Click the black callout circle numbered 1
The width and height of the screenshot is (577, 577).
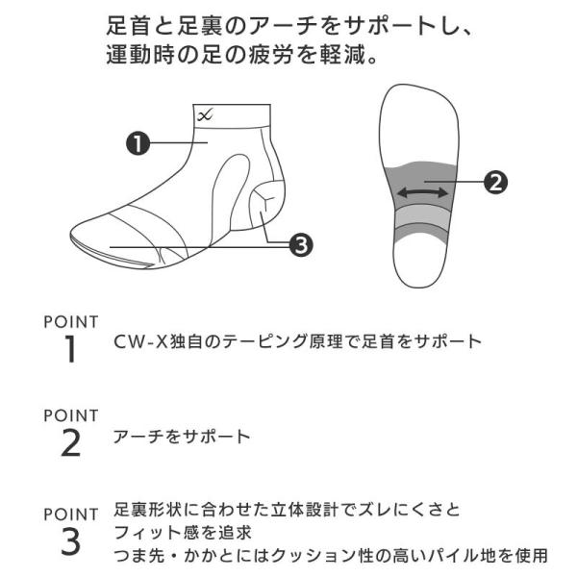(137, 144)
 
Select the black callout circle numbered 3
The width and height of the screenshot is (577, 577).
(299, 246)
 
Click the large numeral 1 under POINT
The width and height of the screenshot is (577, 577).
(70, 350)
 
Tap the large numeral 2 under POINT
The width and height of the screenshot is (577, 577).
(70, 443)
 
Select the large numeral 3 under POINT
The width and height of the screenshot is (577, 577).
(70, 541)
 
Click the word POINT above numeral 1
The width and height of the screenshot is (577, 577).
(71, 321)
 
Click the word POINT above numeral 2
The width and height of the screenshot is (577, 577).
(71, 415)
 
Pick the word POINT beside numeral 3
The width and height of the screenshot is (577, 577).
(71, 514)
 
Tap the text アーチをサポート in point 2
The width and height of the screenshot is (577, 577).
(182, 437)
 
